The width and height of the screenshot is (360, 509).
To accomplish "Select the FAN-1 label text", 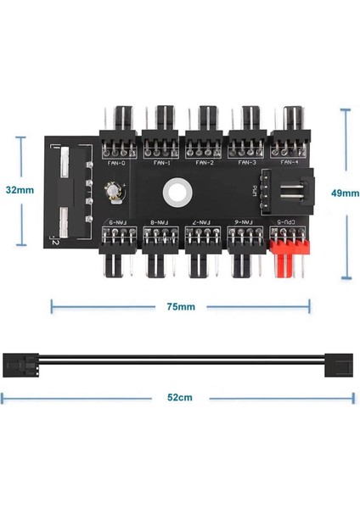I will (x=161, y=163).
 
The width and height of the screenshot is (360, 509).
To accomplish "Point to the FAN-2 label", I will (x=205, y=163).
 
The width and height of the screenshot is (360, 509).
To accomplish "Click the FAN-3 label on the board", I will (x=248, y=163).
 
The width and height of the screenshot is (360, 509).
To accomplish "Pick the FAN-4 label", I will (x=290, y=163).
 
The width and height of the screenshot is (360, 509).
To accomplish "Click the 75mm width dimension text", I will (x=180, y=306).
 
